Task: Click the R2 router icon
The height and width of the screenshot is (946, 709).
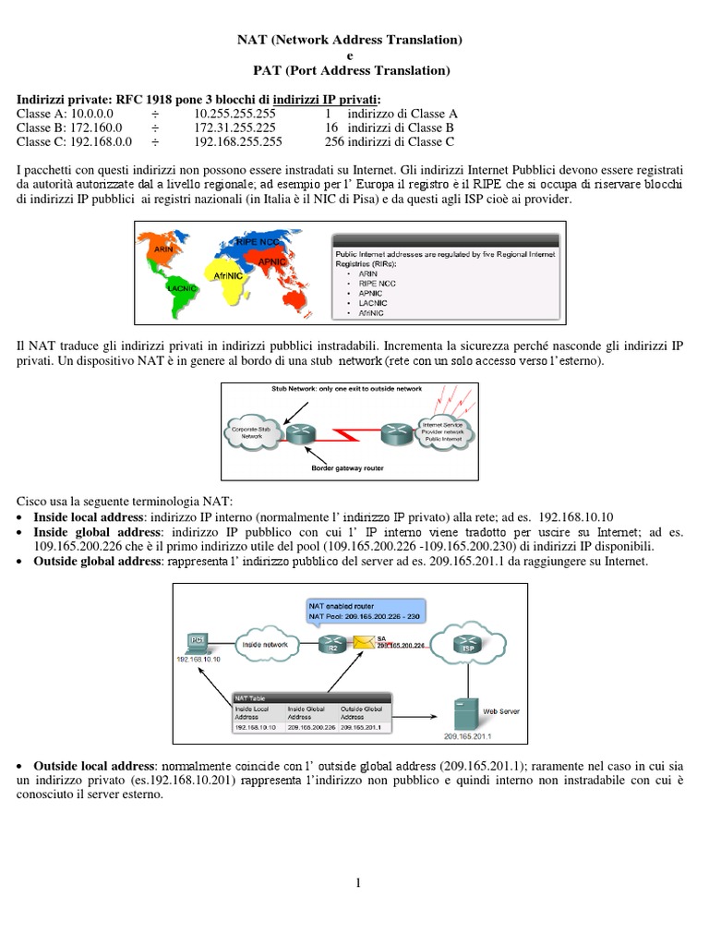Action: pyautogui.click(x=330, y=644)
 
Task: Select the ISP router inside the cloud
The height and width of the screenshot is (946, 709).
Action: pyautogui.click(x=467, y=646)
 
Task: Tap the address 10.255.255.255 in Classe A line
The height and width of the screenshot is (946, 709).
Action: pyautogui.click(x=234, y=113)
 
